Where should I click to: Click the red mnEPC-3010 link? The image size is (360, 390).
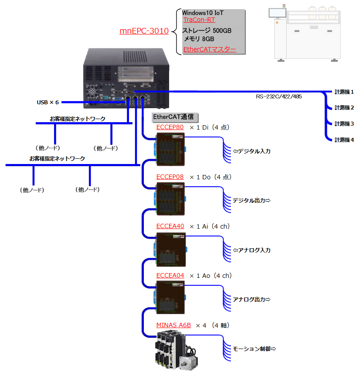[x=144, y=31]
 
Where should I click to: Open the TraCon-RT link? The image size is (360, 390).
[x=199, y=20]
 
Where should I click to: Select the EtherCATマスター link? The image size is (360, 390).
[x=210, y=49]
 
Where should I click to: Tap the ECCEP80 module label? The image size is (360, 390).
[x=170, y=127]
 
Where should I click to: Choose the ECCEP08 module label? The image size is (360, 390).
[x=170, y=177]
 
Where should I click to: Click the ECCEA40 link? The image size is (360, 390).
[x=170, y=226]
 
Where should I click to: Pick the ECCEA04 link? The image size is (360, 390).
[x=170, y=276]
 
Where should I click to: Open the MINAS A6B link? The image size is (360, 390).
[x=173, y=325]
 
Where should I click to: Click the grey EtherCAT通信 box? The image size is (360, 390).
[x=175, y=117]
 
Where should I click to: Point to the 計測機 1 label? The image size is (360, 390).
[x=344, y=92]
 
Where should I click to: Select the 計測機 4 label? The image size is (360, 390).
[x=344, y=140]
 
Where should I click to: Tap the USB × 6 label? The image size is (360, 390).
[x=48, y=102]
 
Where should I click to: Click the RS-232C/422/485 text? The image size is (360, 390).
[x=278, y=97]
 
